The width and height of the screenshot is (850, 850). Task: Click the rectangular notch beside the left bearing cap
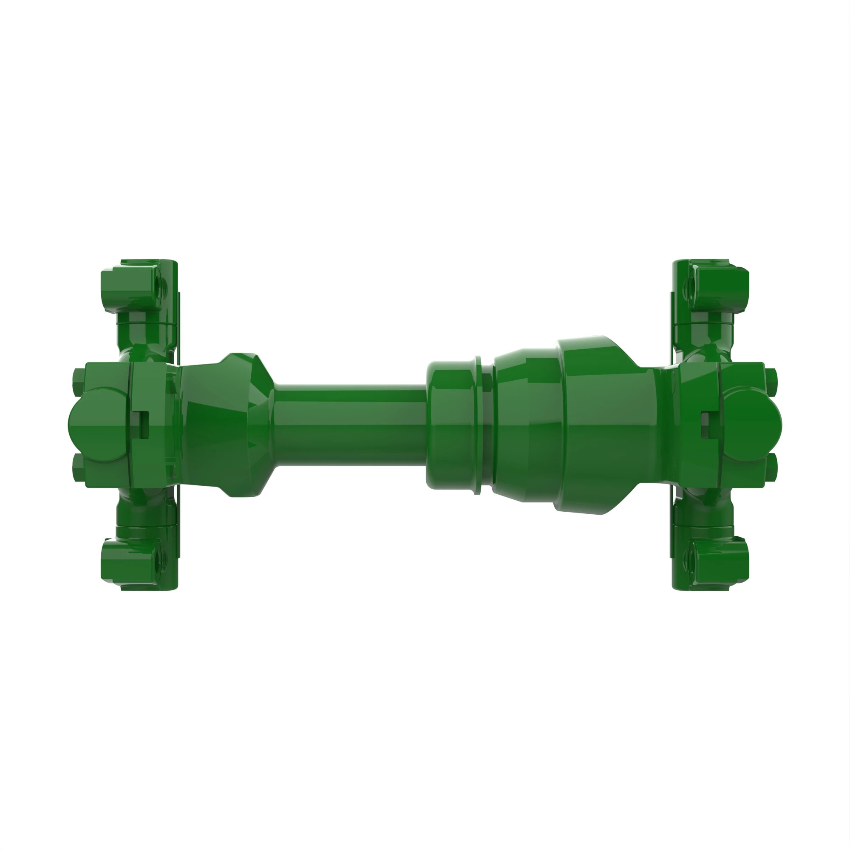pyautogui.click(x=143, y=425)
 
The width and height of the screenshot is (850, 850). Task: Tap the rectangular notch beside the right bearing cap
pyautogui.click(x=705, y=425)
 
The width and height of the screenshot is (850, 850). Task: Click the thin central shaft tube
pyautogui.click(x=350, y=425)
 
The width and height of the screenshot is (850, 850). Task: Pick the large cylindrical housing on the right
pyautogui.click(x=607, y=425)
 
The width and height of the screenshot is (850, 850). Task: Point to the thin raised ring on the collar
pyautogui.click(x=478, y=425)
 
